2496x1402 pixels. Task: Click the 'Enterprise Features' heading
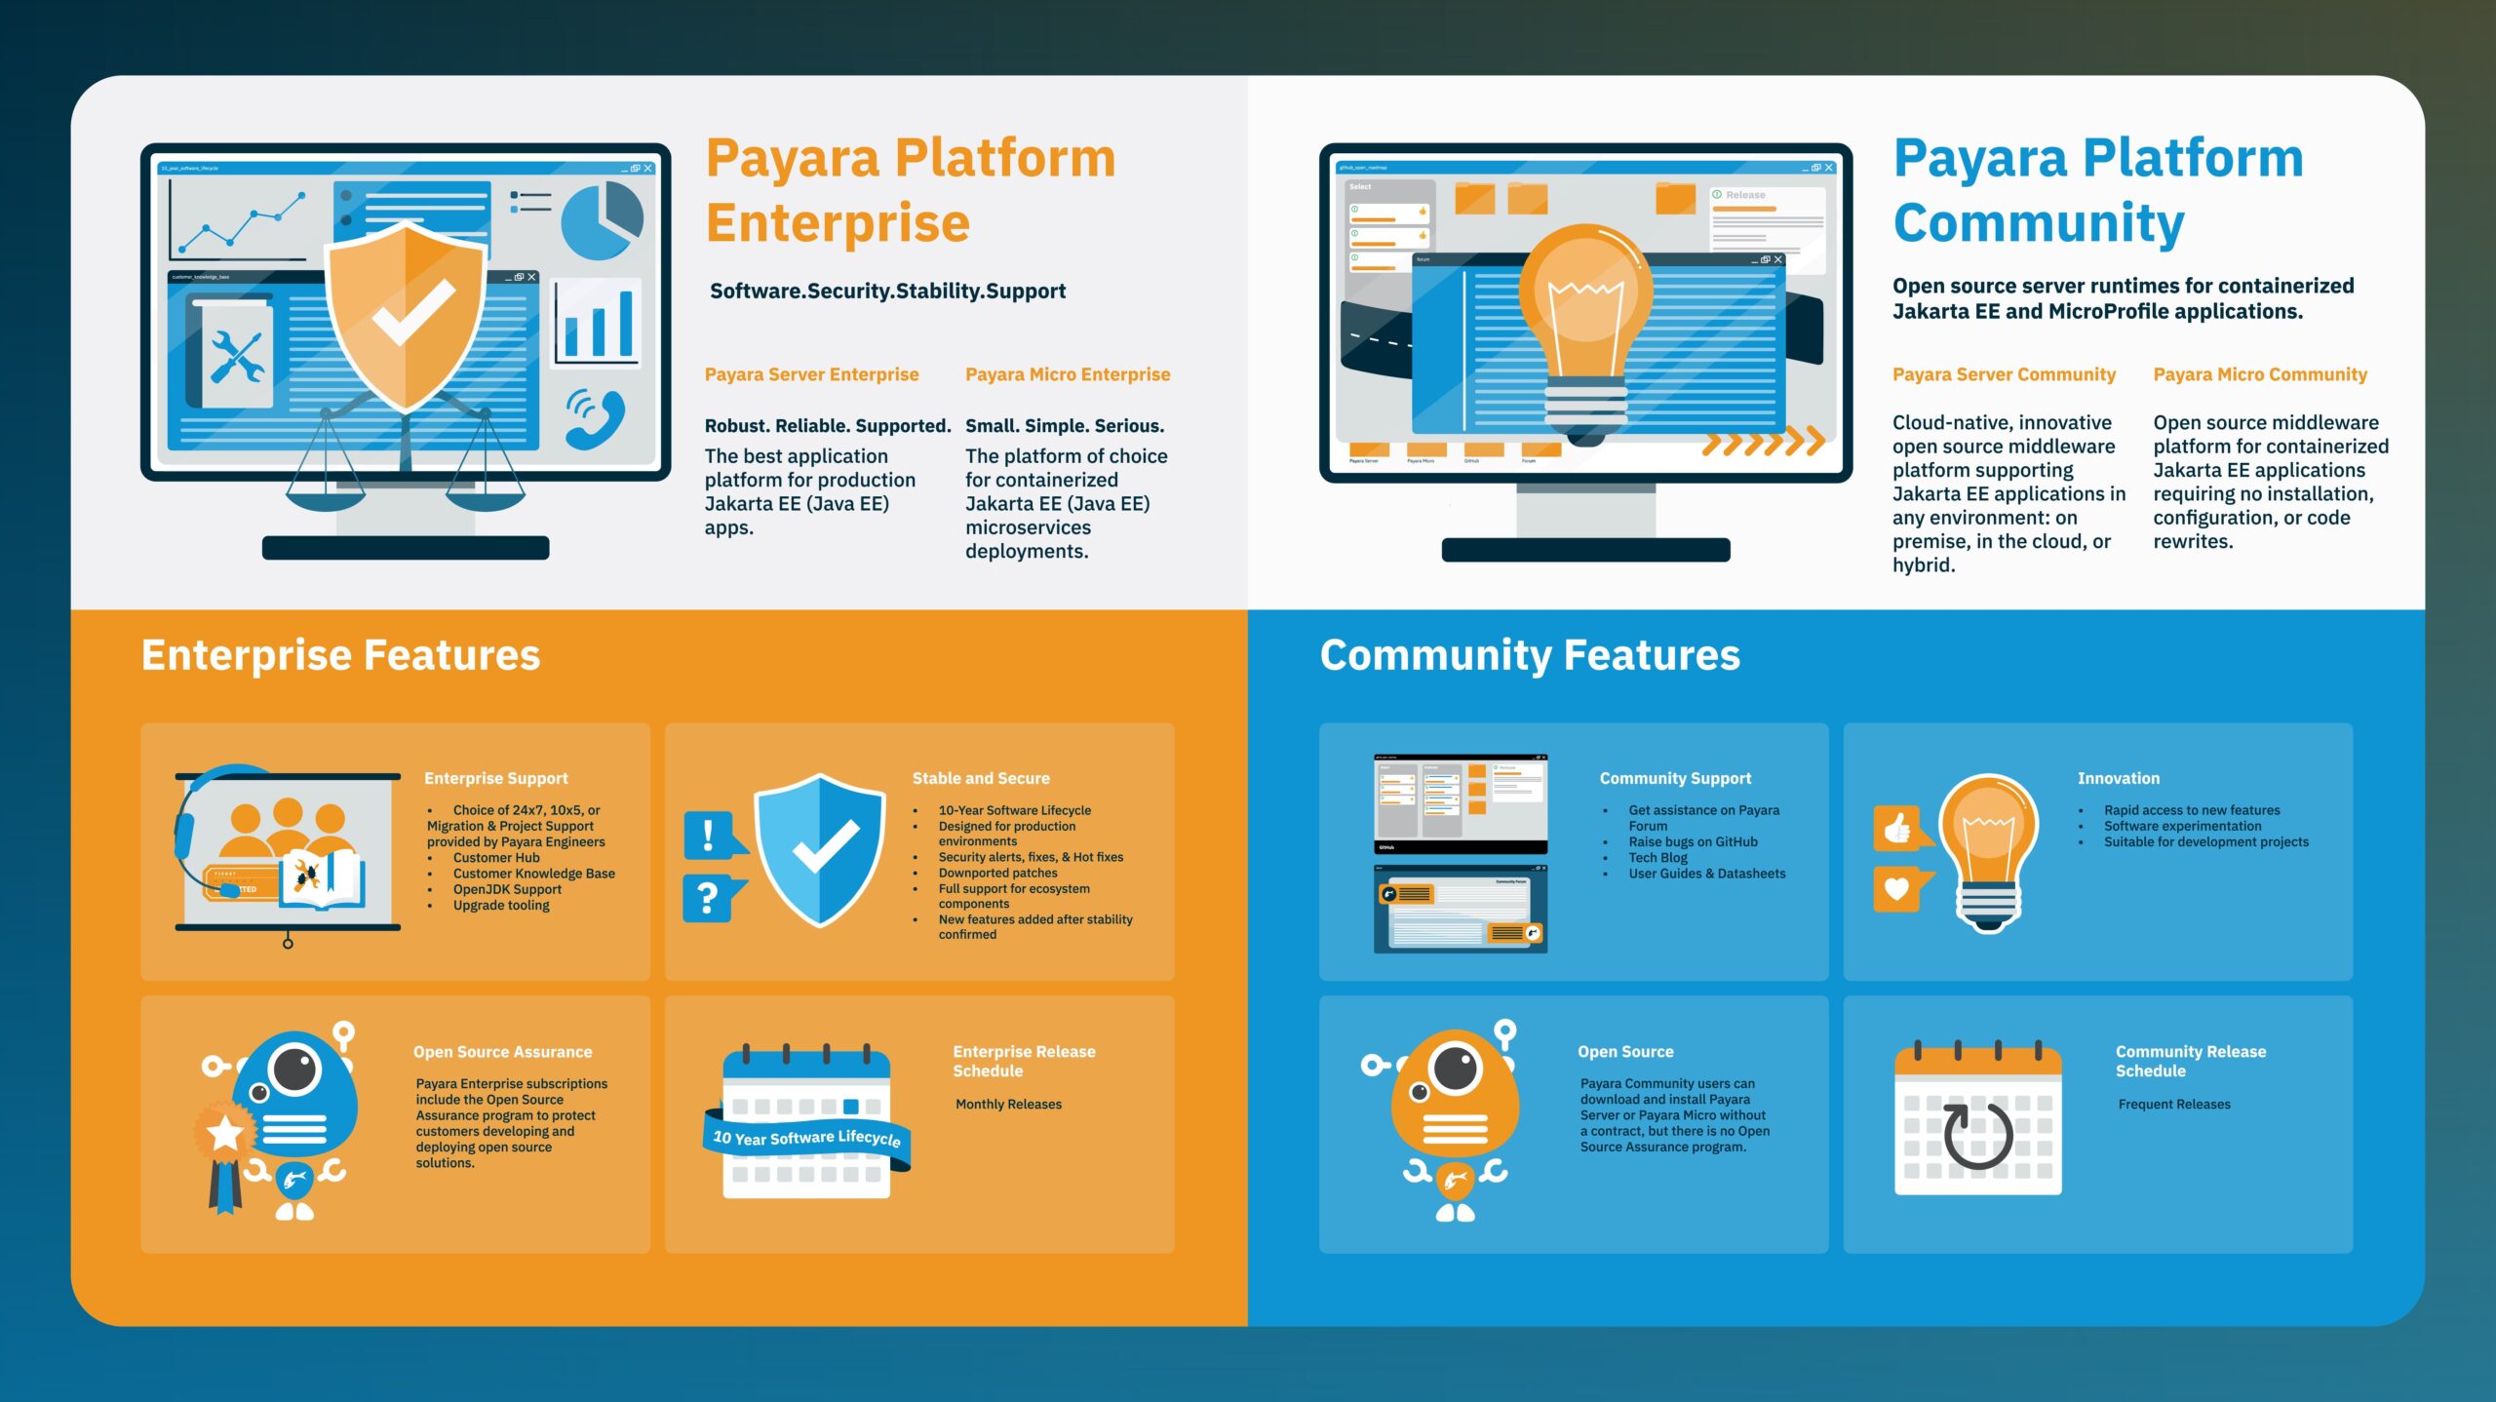tap(340, 655)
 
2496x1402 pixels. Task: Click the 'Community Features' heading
tap(1529, 655)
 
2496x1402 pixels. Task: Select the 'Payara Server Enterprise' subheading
tap(811, 374)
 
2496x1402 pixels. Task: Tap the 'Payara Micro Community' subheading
tap(2259, 374)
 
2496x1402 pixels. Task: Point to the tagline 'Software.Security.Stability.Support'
tap(887, 291)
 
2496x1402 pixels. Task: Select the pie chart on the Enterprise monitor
tap(602, 220)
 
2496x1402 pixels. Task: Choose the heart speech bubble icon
tap(1897, 888)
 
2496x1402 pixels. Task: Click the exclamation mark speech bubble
tap(710, 835)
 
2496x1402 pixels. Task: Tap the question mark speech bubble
tap(710, 897)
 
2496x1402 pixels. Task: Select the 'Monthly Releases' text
tap(1008, 1104)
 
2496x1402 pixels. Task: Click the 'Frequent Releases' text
tap(2173, 1104)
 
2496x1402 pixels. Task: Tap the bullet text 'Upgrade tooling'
tap(501, 905)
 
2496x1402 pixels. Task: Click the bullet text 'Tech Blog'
tap(1657, 858)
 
